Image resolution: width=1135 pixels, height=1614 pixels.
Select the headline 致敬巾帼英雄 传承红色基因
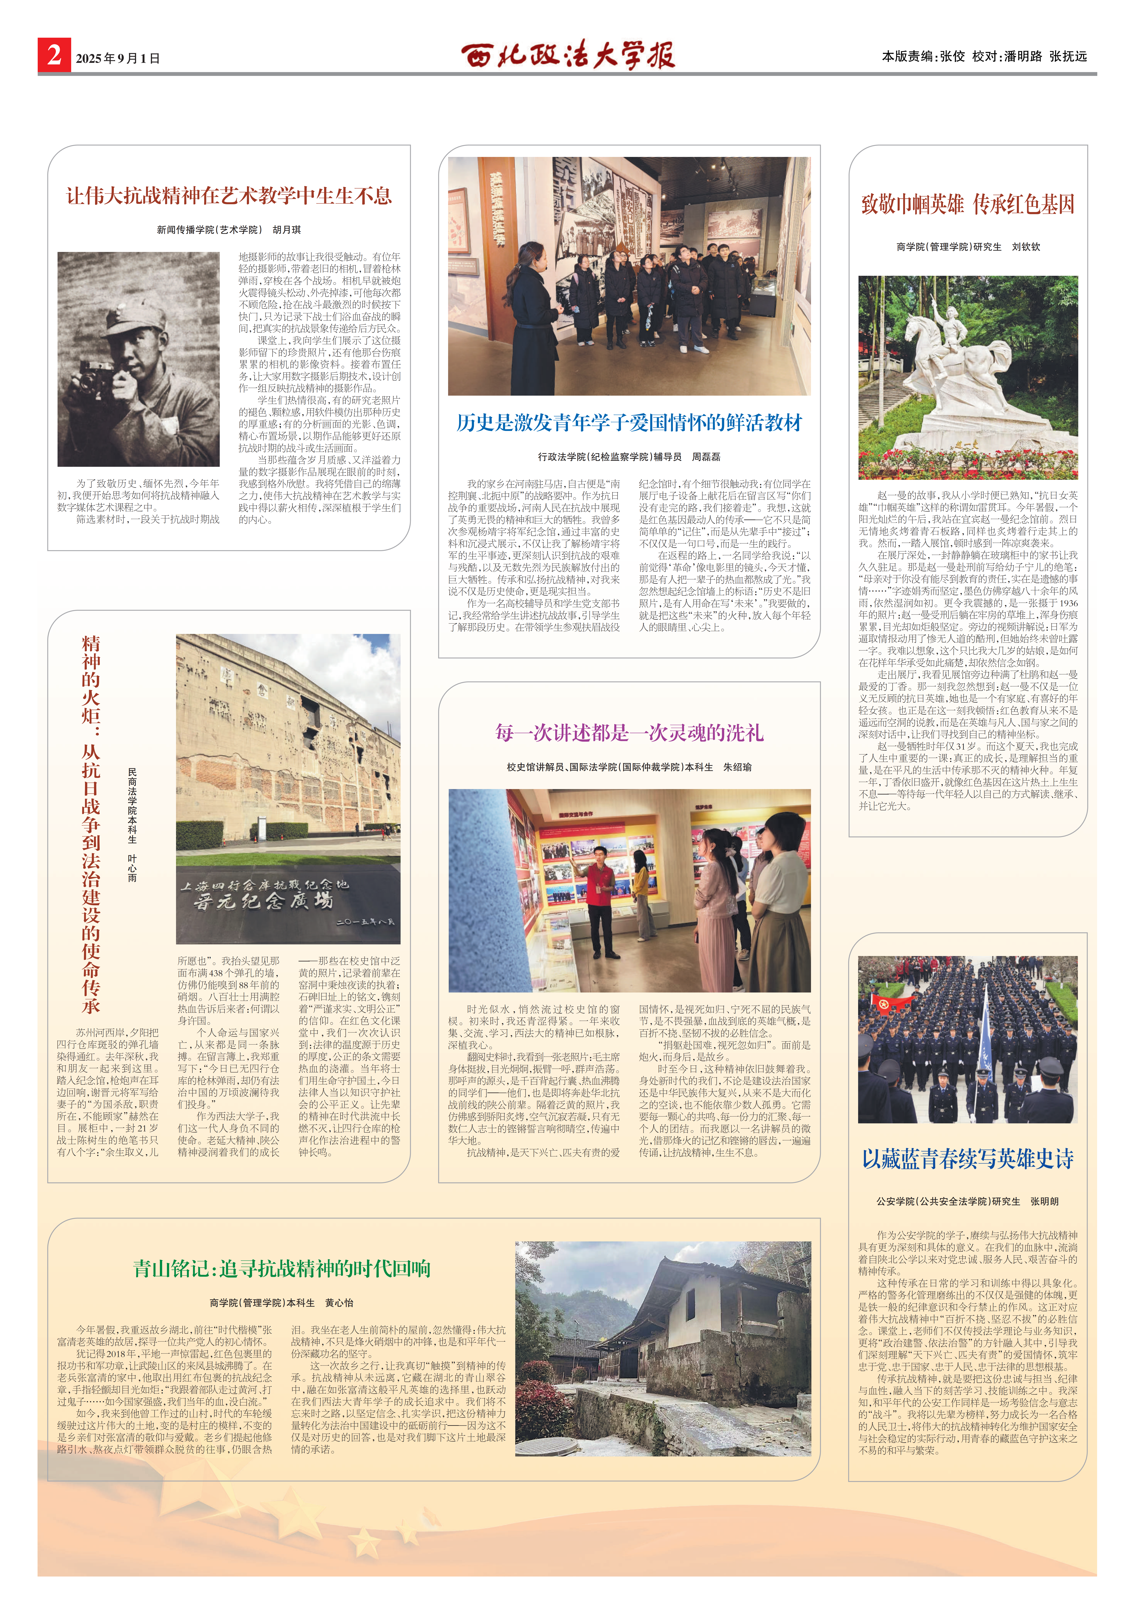coord(968,205)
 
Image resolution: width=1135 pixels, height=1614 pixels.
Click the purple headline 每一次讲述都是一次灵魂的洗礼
coord(629,733)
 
